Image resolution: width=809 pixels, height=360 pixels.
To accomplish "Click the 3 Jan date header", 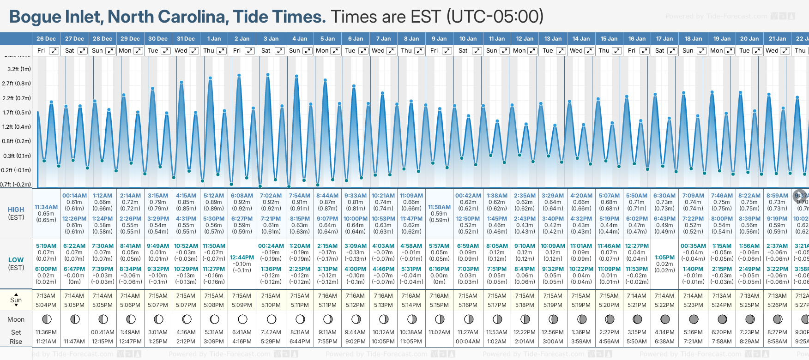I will point(271,39).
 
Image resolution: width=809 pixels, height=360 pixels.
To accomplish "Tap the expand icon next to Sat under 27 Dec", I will point(82,51).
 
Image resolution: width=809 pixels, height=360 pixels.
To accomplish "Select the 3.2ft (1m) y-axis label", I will point(19,69).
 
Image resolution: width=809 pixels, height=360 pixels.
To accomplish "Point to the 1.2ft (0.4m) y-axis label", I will point(17,126).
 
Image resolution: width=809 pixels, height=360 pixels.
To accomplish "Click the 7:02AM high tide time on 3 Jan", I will point(271,196).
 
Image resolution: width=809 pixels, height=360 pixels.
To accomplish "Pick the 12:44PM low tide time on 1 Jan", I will point(242,258).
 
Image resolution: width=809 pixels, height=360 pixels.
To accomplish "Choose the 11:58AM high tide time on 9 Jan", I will point(439,207).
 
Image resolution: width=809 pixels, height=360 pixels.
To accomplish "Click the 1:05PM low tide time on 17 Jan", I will point(664,258).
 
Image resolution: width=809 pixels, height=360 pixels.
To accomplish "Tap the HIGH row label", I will point(16,210).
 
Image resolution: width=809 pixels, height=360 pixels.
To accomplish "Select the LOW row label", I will point(16,260).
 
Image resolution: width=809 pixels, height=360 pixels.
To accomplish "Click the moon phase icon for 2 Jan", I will point(242,319).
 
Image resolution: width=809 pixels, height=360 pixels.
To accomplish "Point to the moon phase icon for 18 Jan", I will point(694,319).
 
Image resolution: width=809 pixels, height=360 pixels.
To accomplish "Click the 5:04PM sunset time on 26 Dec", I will point(46,305).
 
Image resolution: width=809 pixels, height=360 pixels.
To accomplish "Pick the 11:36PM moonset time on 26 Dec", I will point(46,332).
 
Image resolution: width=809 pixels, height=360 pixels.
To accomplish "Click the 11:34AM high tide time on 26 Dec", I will point(46,207).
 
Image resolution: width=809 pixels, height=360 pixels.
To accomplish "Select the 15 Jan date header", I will point(610,39).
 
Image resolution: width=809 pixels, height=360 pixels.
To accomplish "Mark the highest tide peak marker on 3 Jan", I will point(268,74).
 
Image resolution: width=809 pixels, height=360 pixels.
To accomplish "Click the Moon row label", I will point(16,319).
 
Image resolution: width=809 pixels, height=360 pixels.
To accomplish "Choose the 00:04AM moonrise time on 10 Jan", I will point(468,342).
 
